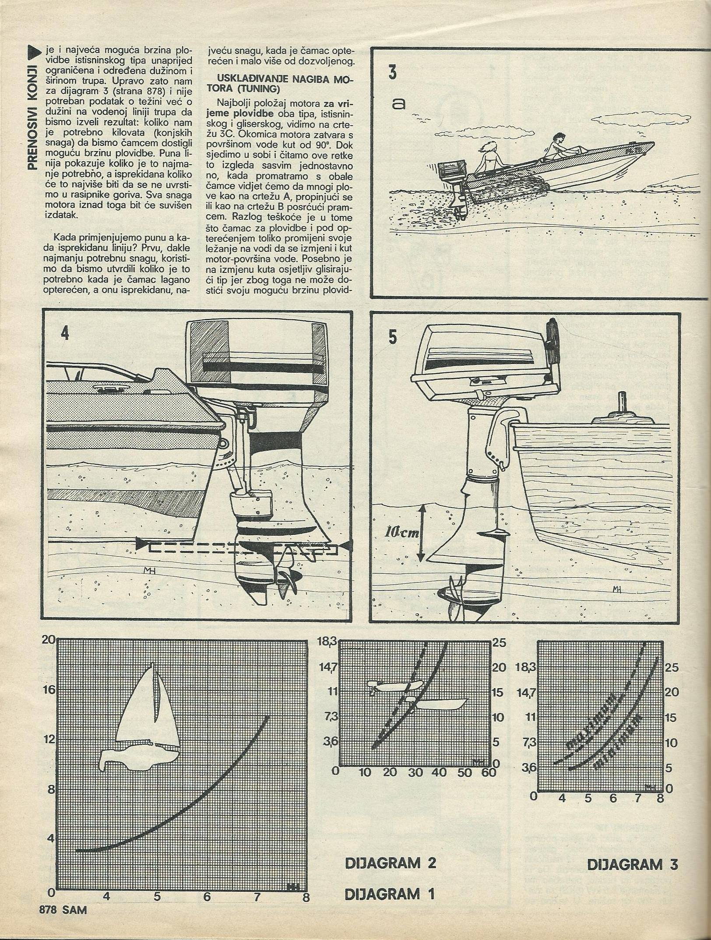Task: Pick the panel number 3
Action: pos(392,72)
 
